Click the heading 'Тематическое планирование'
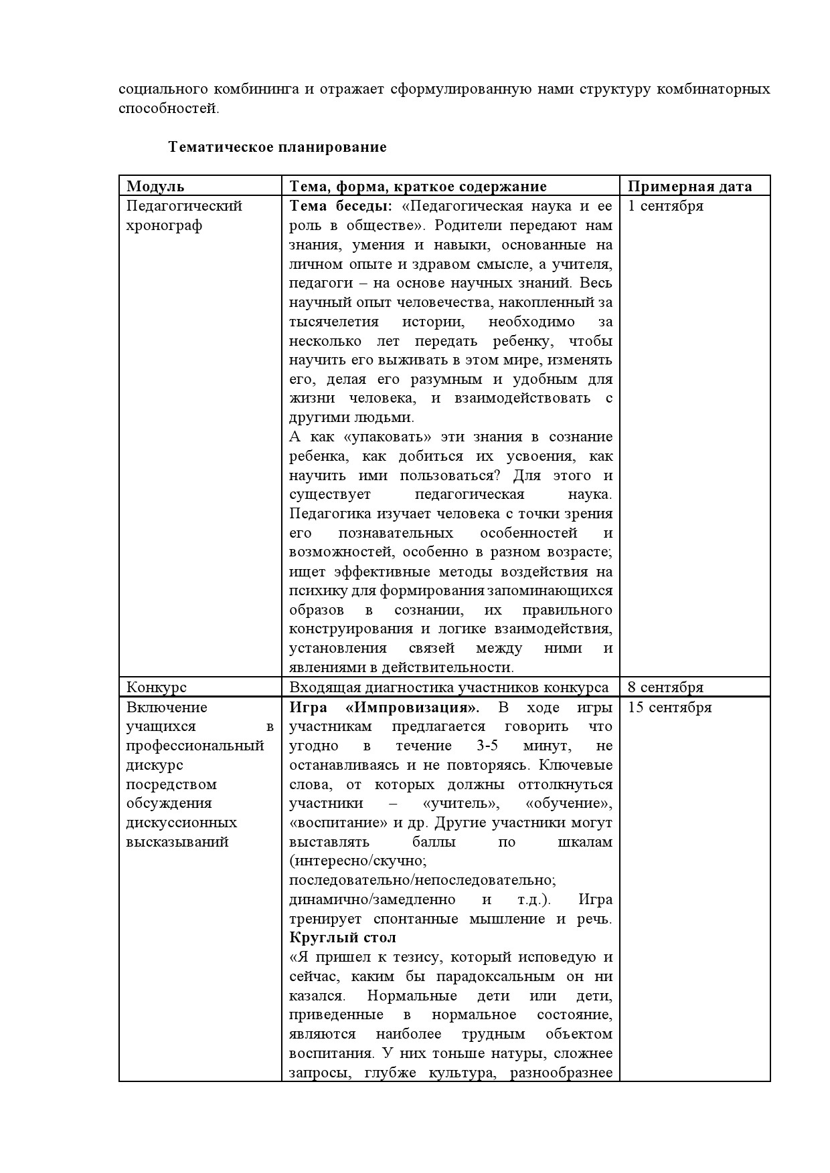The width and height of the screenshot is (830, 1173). (277, 147)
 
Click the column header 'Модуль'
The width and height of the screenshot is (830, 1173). (155, 187)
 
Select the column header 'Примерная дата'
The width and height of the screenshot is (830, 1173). (689, 187)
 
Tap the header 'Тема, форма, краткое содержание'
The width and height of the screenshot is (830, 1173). (418, 187)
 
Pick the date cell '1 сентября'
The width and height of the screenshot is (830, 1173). (665, 206)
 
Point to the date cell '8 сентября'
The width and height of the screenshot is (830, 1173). (665, 687)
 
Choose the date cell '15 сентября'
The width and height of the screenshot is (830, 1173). (669, 708)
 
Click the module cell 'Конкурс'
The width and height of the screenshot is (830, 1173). (157, 687)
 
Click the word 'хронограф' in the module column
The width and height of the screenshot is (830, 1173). (164, 225)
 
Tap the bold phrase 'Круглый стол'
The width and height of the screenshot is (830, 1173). (343, 938)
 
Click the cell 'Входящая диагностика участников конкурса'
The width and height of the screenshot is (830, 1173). (448, 687)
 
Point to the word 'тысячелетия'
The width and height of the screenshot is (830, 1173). (333, 322)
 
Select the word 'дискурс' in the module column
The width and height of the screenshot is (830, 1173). (155, 765)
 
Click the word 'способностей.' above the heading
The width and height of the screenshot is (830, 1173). (169, 109)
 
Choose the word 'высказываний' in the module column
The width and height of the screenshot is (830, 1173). (177, 842)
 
